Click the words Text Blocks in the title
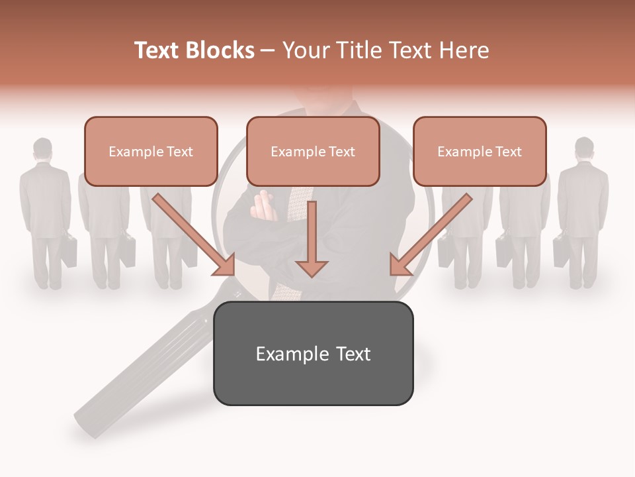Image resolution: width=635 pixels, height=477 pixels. [x=194, y=50]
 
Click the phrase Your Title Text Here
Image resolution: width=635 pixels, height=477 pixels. [x=386, y=50]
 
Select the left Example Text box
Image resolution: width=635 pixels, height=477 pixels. [x=151, y=152]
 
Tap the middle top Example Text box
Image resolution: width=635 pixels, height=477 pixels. [x=313, y=152]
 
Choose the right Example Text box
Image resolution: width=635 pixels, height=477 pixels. [x=480, y=152]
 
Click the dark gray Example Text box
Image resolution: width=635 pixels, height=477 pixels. [x=313, y=353]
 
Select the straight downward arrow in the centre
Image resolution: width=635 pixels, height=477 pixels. [x=312, y=242]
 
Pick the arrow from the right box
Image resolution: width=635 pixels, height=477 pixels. [x=429, y=235]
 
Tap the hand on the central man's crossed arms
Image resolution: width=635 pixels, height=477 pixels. [x=263, y=205]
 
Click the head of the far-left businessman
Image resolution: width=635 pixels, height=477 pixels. [x=43, y=149]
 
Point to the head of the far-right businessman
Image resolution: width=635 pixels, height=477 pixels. [x=584, y=149]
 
